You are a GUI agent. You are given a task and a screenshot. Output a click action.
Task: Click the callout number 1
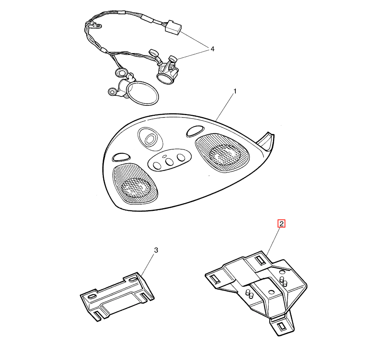coord(235,91)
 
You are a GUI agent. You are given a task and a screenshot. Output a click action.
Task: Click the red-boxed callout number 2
coord(281,224)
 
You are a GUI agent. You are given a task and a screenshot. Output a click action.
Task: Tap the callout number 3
coord(156,250)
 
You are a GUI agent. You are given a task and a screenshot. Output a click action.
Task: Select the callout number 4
coord(212,49)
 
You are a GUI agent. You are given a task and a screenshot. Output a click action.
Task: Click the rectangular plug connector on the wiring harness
coord(173,28)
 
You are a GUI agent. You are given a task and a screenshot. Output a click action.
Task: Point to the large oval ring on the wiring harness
coord(142,93)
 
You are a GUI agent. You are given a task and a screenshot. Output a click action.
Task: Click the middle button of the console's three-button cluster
coord(169,162)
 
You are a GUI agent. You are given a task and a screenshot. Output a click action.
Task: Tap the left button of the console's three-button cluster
coord(157,166)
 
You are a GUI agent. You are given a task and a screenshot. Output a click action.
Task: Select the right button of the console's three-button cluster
coord(181,157)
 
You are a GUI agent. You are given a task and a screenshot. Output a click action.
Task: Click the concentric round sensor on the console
coord(150,140)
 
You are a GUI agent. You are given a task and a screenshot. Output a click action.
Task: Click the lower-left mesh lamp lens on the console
coord(135,184)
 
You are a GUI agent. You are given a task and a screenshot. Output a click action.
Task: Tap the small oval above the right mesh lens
coord(195,131)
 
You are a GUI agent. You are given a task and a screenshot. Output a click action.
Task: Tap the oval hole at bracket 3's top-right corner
coord(132,279)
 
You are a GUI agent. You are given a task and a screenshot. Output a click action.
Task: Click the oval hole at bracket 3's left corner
coord(91,296)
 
